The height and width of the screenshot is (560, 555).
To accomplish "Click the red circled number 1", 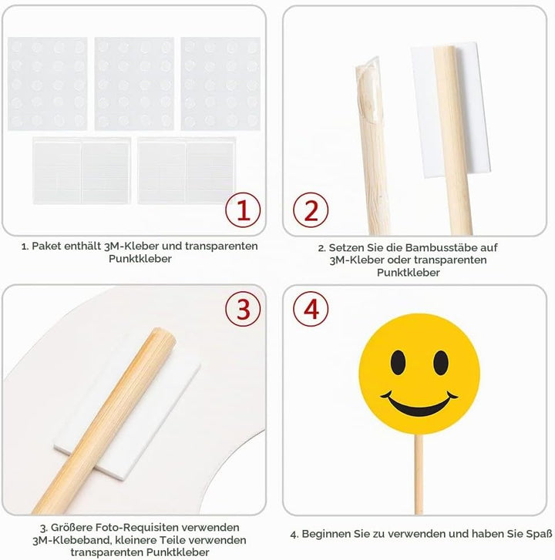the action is coord(243,210).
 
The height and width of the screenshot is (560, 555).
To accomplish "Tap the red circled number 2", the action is coord(311,210).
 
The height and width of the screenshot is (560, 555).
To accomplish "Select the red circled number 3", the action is coord(243,309).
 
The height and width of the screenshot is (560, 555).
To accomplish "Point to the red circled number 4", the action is coord(311,309).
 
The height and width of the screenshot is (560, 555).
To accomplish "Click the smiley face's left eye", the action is coord(398,362).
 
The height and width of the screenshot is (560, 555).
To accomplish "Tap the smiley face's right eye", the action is coord(441,362).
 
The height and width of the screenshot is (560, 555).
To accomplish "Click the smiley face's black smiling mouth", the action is coord(419,404).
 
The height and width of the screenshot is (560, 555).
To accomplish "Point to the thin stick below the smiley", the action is coord(419,474).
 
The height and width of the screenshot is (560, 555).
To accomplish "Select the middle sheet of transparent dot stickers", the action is coord(134,84).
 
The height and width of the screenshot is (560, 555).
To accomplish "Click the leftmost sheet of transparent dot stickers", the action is coord(48,84).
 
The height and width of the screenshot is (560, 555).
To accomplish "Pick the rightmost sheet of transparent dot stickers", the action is coord(220,84).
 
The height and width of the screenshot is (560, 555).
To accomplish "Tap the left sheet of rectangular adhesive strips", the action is coord(82,171).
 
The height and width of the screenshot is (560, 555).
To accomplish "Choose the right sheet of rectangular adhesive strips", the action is coord(187,171).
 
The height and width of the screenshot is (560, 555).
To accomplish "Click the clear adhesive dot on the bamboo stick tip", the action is coord(368,90).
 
